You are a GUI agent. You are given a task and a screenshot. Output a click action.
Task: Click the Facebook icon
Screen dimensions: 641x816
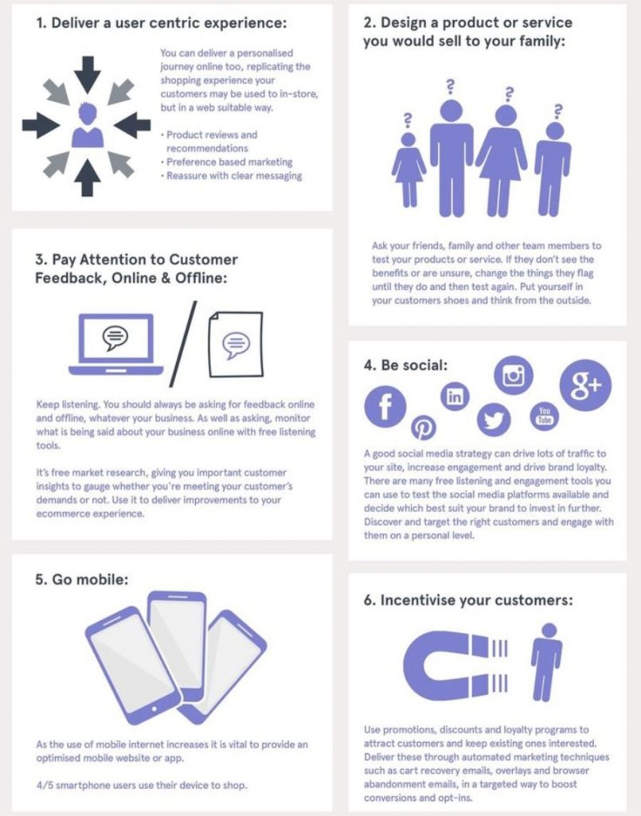coord(385,406)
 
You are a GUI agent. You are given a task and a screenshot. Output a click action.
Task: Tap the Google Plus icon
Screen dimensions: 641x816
coord(585,385)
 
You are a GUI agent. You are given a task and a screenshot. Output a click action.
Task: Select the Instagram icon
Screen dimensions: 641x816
coord(514,376)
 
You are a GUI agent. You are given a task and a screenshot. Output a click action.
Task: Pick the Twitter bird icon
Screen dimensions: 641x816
coord(494,419)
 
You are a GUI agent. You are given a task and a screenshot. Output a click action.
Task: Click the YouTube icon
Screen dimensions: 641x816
coord(544,416)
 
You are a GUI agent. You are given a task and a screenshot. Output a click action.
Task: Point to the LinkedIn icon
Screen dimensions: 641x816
coord(455,397)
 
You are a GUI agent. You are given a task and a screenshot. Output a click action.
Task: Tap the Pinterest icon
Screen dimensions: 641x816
coord(424,428)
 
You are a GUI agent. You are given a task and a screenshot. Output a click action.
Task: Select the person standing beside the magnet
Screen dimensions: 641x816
coord(547,661)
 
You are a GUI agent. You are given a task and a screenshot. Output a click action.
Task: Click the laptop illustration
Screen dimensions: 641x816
coord(116,344)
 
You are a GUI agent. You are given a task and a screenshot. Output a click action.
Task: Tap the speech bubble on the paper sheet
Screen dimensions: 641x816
coord(236,345)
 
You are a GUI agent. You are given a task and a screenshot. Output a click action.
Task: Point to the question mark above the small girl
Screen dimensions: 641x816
coord(408,120)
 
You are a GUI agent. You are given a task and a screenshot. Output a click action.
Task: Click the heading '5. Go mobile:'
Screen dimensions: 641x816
coord(82,579)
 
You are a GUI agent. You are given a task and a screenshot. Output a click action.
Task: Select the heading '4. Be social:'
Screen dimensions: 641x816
coord(405,365)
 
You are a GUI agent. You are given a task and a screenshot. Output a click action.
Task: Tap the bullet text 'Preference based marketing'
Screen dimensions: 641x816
coord(229,162)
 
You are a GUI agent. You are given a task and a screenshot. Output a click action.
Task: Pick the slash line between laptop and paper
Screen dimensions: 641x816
coord(183,343)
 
